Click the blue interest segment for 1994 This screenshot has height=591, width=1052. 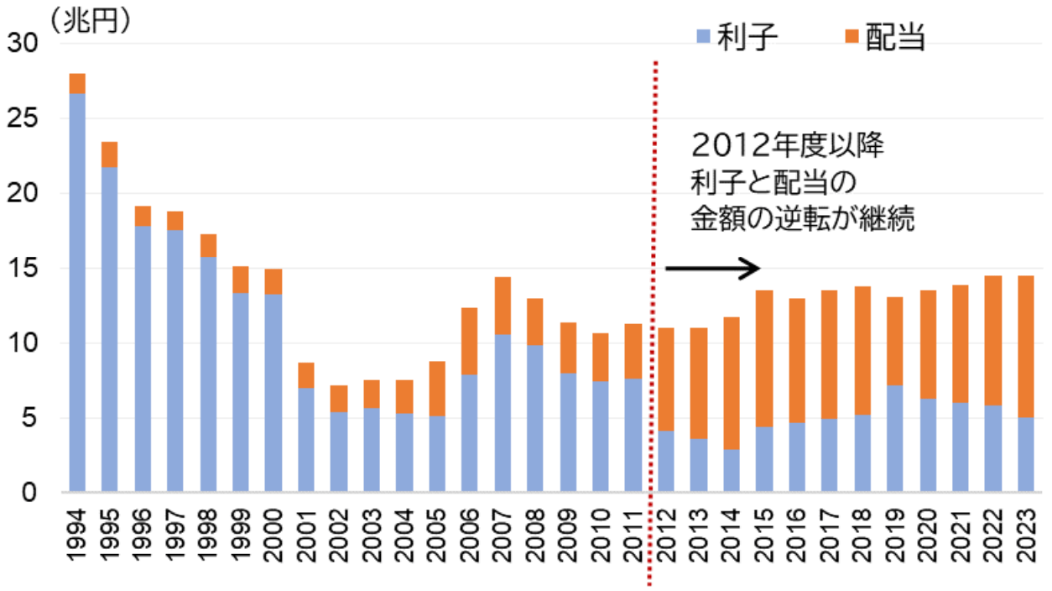tap(77, 292)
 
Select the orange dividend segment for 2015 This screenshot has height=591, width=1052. tap(764, 358)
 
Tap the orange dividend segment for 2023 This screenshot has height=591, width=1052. tap(1026, 347)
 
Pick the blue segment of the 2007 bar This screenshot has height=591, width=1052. tap(503, 413)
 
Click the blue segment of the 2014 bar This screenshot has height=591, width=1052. tap(732, 470)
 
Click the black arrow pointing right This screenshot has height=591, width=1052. tap(712, 269)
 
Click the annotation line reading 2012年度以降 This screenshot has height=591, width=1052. tap(788, 146)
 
